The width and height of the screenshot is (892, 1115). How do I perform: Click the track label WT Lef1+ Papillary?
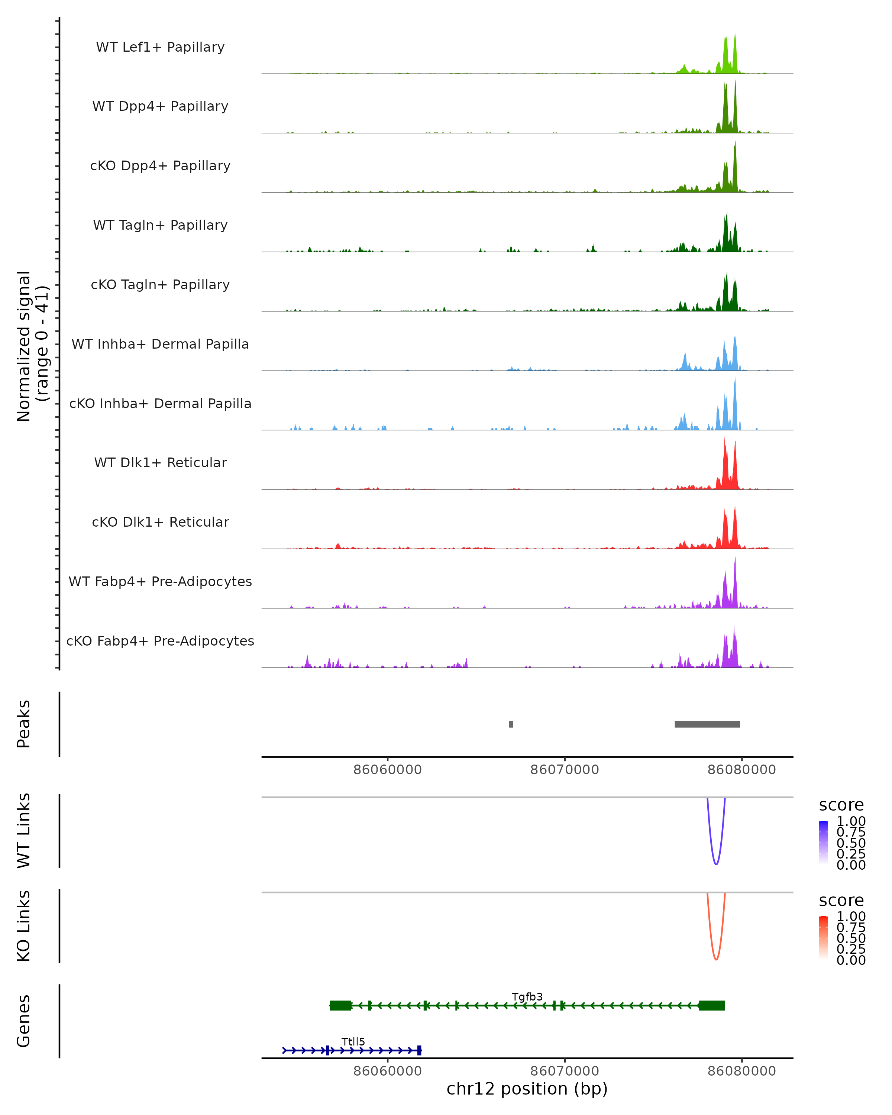[160, 47]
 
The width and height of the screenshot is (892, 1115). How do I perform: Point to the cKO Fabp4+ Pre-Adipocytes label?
[160, 641]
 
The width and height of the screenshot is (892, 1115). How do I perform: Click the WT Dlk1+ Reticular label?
[160, 462]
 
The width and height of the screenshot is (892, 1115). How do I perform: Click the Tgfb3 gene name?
[527, 996]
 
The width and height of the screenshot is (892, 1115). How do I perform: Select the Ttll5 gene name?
[353, 1041]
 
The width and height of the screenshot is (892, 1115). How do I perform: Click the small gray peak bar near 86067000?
[511, 724]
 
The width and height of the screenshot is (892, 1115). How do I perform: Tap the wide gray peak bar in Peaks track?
[707, 724]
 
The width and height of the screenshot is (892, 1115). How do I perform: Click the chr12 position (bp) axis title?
[527, 1089]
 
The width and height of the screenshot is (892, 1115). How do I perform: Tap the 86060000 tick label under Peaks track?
[387, 770]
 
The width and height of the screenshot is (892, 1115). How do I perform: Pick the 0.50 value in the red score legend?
[851, 938]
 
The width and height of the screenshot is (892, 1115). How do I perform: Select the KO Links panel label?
[24, 926]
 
